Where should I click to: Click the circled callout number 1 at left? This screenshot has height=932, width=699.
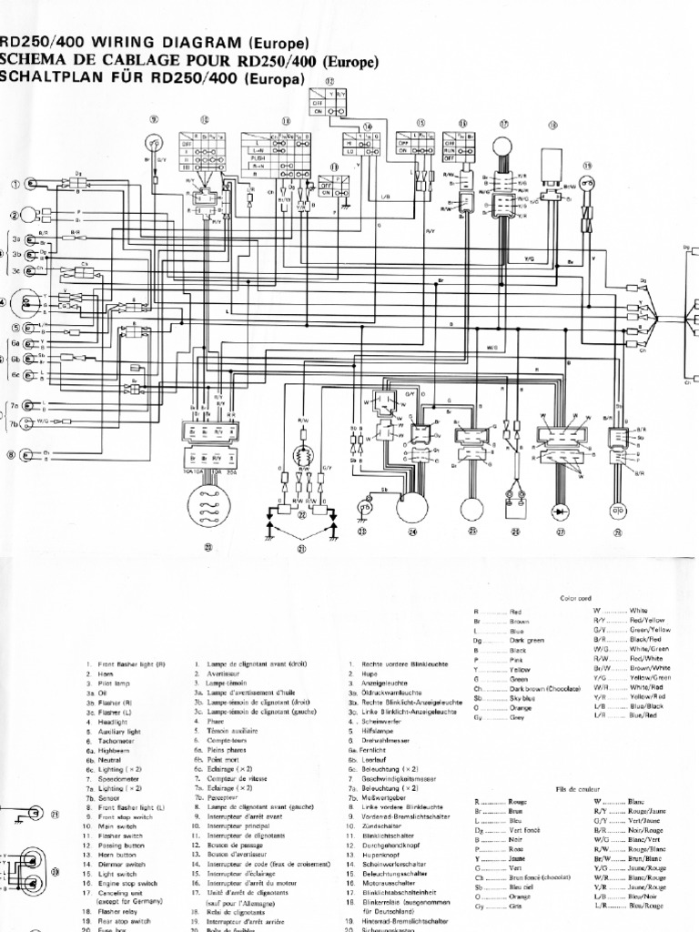point(15,184)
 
